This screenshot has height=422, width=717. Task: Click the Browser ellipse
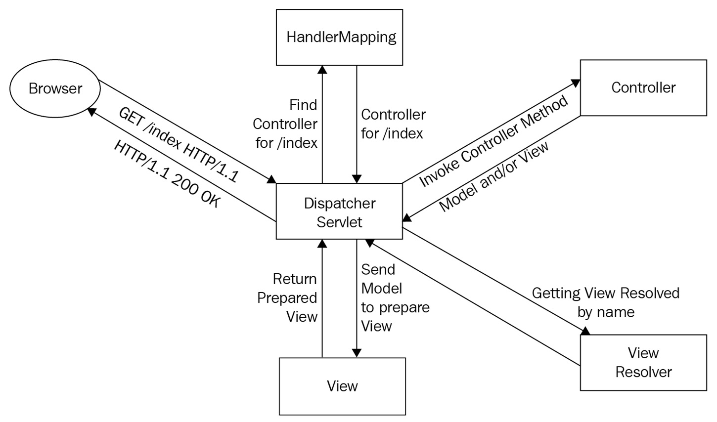click(x=55, y=89)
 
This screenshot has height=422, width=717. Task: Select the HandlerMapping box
click(x=339, y=38)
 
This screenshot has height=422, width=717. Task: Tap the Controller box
click(x=643, y=88)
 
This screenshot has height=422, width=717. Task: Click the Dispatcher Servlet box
click(x=339, y=212)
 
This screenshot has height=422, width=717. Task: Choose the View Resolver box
click(x=643, y=363)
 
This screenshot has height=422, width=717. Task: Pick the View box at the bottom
click(x=342, y=386)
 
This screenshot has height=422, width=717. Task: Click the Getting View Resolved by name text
click(x=606, y=302)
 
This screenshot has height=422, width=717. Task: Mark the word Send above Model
click(x=378, y=270)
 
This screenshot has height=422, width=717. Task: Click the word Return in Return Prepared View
click(x=295, y=279)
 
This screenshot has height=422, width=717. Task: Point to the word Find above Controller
click(x=303, y=105)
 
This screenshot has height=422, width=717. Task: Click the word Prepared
click(x=287, y=298)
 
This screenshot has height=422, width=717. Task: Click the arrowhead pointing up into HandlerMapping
click(x=322, y=70)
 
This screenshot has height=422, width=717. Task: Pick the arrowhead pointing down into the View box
click(x=357, y=353)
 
